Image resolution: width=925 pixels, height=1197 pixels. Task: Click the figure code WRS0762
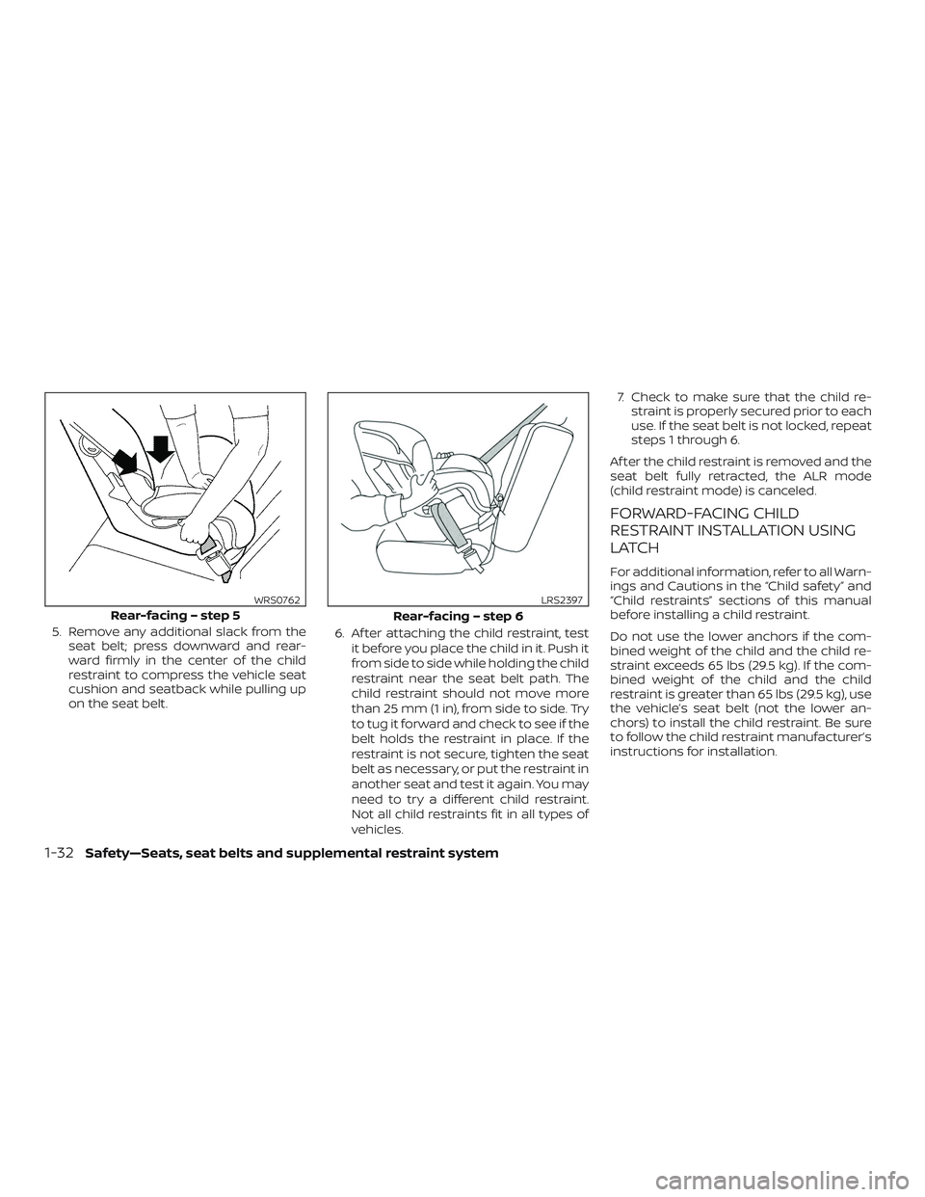(x=278, y=599)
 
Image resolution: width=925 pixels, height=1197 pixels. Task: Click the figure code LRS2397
(x=563, y=599)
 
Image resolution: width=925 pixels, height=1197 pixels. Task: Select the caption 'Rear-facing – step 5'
(x=175, y=614)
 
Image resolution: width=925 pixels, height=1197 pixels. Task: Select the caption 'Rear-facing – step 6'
(x=458, y=615)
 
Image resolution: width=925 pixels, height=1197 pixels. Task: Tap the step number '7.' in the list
(x=621, y=399)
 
